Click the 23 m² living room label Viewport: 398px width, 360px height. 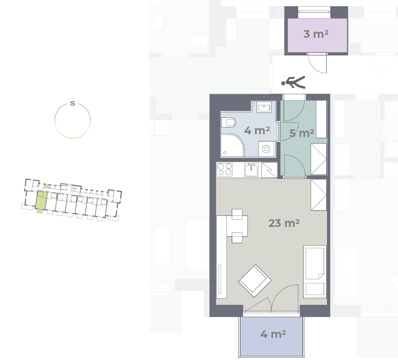[284, 223]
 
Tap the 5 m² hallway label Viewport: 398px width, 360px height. [302, 133]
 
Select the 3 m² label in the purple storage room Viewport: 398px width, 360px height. [316, 34]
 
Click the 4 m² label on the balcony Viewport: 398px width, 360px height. [273, 334]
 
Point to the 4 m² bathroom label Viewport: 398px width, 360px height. [257, 130]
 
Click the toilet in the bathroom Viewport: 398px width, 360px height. [228, 123]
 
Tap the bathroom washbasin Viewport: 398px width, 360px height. [264, 107]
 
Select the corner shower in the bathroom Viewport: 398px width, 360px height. [232, 145]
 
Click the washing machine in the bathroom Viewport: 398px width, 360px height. [266, 149]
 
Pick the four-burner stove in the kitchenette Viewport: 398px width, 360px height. [225, 170]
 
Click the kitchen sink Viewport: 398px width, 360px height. [252, 170]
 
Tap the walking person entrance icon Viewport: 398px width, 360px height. [294, 82]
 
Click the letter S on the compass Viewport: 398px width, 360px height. [72, 103]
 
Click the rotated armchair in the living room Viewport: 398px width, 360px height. [255, 281]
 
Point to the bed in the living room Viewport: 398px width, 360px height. [315, 272]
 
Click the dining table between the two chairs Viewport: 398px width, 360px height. [237, 226]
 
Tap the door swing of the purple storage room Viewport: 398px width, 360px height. [317, 63]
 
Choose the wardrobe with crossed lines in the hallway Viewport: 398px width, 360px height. [319, 159]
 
